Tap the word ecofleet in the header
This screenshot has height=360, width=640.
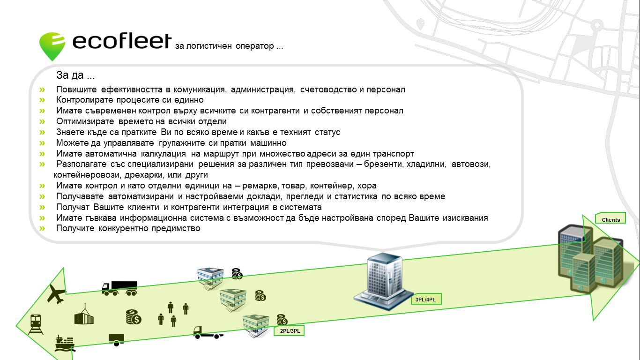point(122,41)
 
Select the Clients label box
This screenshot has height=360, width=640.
point(610,218)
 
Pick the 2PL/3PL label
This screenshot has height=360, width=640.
point(290,331)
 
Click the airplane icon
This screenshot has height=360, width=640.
point(56,293)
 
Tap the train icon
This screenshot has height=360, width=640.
point(36,324)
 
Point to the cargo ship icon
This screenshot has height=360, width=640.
point(65,343)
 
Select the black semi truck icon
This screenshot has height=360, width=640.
point(120,288)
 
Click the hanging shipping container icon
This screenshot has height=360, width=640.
point(84,314)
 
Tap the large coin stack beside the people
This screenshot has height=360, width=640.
point(134,317)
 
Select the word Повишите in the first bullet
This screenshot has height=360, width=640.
point(76,90)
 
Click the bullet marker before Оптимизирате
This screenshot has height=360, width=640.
point(42,121)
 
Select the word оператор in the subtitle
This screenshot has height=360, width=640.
point(254,46)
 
